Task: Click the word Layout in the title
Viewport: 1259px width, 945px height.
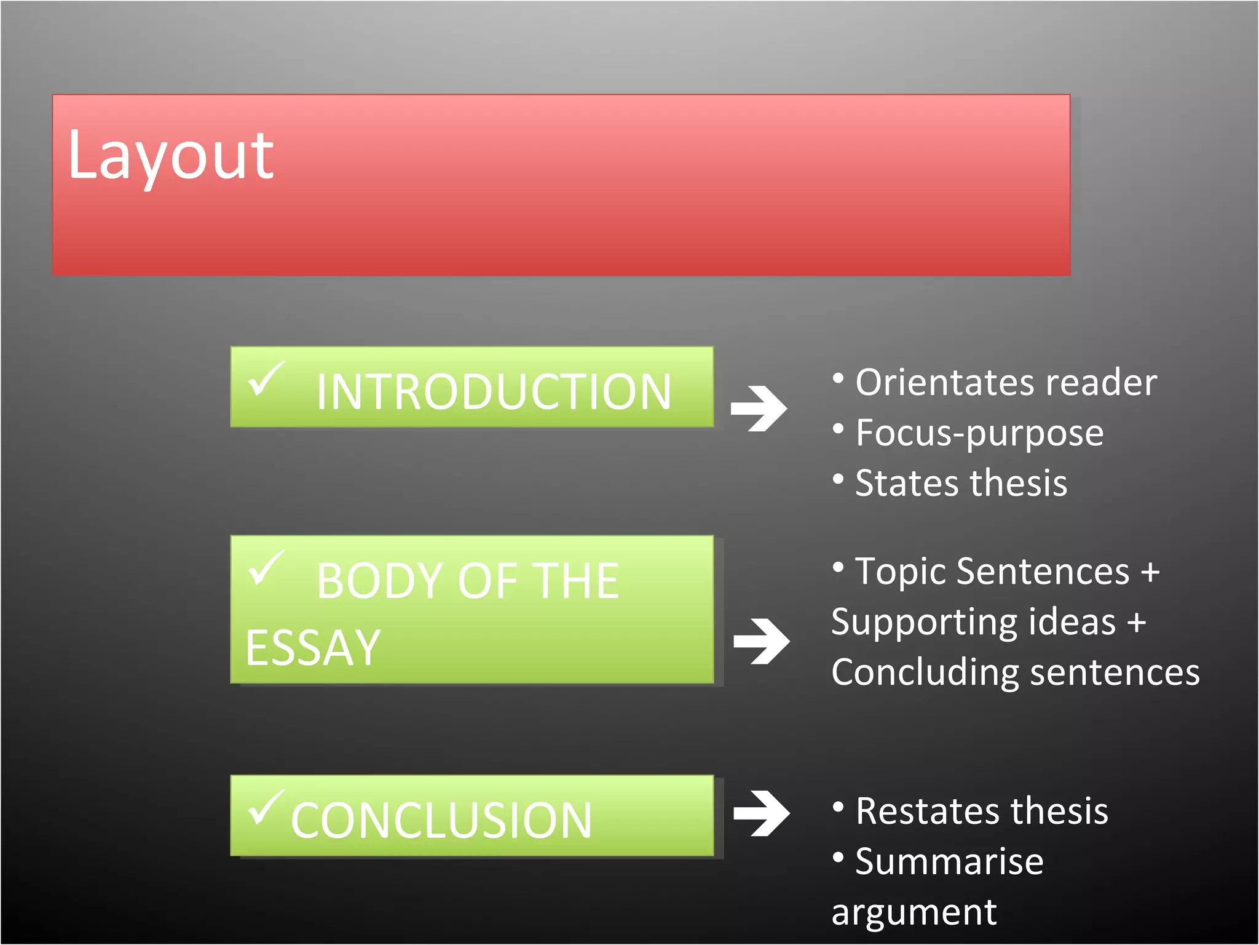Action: [x=170, y=157]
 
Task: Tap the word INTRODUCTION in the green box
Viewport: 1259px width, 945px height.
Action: [x=494, y=392]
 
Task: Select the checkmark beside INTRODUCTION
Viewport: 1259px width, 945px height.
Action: [x=266, y=378]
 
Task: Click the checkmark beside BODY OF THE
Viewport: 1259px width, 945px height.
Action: [x=266, y=567]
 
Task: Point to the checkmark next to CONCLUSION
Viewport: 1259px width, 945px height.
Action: [x=266, y=807]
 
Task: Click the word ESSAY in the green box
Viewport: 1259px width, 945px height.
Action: [x=313, y=648]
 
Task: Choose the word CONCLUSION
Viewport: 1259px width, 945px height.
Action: [x=441, y=820]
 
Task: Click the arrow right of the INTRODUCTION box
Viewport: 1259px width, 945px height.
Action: [x=759, y=408]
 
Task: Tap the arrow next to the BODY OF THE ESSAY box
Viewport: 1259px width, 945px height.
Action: [x=762, y=641]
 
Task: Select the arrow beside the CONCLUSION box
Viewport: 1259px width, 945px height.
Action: [x=762, y=813]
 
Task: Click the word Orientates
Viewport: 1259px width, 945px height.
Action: [x=943, y=383]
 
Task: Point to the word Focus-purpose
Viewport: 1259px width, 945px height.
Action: [x=980, y=434]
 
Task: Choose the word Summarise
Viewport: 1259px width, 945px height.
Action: [x=949, y=861]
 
